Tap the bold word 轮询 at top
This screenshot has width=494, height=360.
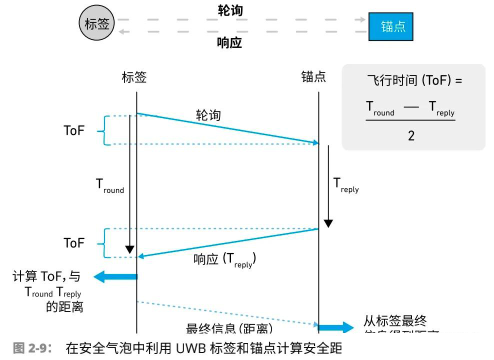pyautogui.click(x=230, y=10)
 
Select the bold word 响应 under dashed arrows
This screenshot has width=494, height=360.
pyautogui.click(x=229, y=42)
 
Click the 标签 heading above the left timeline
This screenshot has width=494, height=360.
pyautogui.click(x=134, y=77)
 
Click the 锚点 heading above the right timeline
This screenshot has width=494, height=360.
pyautogui.click(x=313, y=77)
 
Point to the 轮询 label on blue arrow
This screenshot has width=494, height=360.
pyautogui.click(x=208, y=115)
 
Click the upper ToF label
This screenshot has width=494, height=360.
pyautogui.click(x=74, y=130)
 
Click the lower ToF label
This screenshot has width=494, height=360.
pyautogui.click(x=74, y=243)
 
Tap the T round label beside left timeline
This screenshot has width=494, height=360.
pyautogui.click(x=109, y=185)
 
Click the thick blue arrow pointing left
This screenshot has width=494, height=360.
pyautogui.click(x=115, y=276)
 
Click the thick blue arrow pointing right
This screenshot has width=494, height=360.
pyautogui.click(x=336, y=328)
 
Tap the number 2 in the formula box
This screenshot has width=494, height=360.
pyautogui.click(x=411, y=135)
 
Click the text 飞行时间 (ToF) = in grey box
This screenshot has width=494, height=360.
pyautogui.click(x=414, y=81)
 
